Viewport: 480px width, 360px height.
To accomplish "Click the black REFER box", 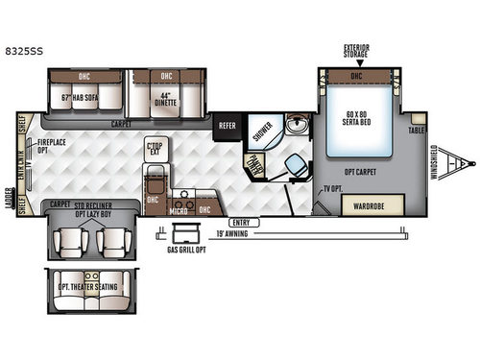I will [228, 126].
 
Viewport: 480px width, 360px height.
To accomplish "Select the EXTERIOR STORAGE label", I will [356, 49].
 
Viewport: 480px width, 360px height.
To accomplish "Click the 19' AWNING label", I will [274, 231].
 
